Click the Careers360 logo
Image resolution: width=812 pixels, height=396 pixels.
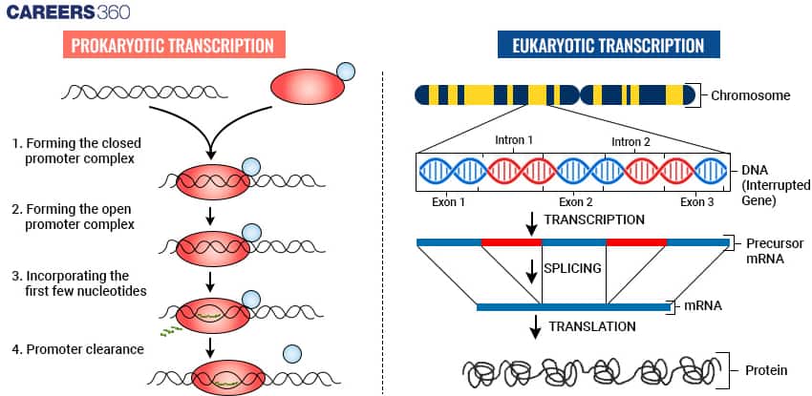coord(67,12)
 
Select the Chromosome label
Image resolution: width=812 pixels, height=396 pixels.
coord(751,95)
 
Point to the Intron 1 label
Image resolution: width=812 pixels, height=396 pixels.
coord(514,140)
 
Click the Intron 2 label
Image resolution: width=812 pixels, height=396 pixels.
coord(630,140)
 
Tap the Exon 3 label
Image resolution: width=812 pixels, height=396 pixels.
coord(696,202)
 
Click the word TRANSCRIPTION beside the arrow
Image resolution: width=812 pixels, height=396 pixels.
coord(593,219)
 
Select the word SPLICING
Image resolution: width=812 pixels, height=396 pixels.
coord(572,268)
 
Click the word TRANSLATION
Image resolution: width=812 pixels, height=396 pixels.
coord(591,326)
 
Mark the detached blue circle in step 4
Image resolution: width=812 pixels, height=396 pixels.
coord(290,354)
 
